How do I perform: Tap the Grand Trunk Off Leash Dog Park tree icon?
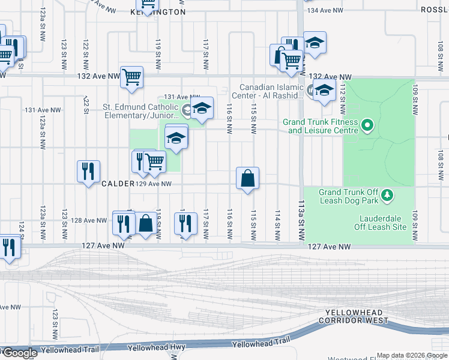(x=388, y=195)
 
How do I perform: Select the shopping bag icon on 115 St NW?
(x=247, y=178)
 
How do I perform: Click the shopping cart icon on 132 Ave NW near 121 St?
(x=131, y=77)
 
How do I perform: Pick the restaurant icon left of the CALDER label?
(x=88, y=172)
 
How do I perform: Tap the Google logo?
(x=19, y=353)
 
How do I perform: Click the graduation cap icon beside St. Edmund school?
(x=202, y=108)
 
